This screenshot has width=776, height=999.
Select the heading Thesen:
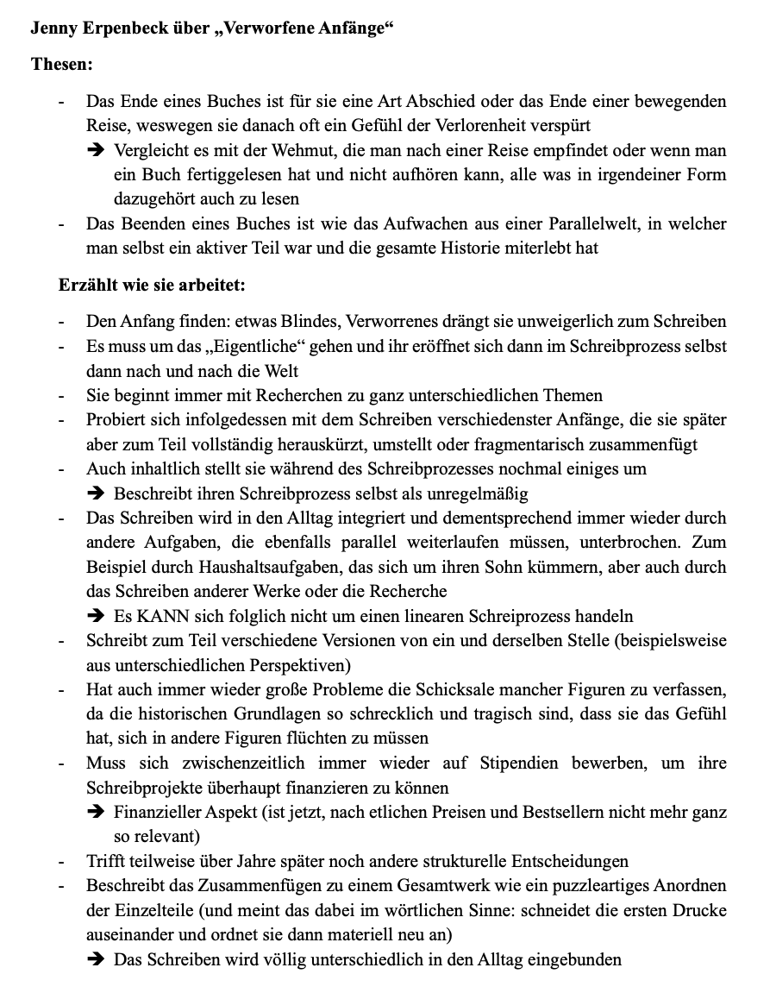pos(62,65)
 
